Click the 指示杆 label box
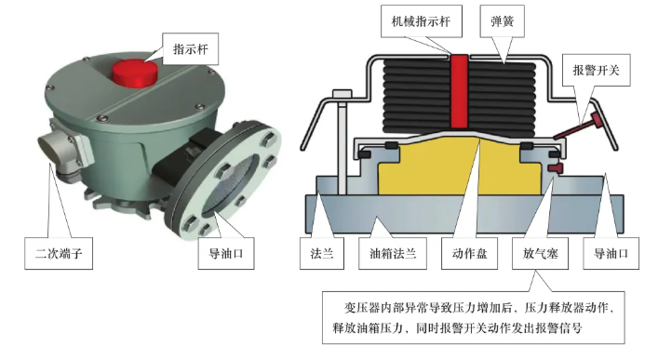pos(190,49)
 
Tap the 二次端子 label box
pos(59,253)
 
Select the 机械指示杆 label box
pos(422,21)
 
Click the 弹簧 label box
pos(503,21)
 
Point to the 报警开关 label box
pos(596,70)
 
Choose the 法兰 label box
pos(322,253)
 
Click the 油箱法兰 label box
pos(393,253)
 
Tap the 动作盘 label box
pos(470,253)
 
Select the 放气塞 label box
pos(541,253)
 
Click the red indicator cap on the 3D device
pos(135,73)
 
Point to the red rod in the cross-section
pos(460,91)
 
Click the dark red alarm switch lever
pos(578,125)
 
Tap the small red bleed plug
pos(556,168)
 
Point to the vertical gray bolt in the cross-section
pos(342,142)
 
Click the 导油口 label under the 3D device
pos(226,253)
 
